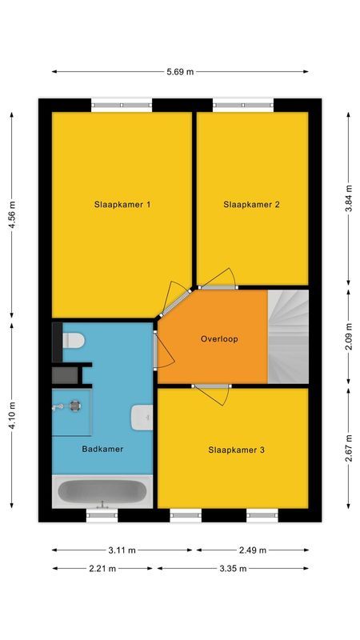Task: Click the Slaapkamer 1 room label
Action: (x=122, y=205)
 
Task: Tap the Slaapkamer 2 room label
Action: (x=251, y=205)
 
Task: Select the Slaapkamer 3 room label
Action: (x=236, y=450)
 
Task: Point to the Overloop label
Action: (x=219, y=339)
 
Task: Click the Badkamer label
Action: (x=102, y=450)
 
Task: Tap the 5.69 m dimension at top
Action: (x=180, y=72)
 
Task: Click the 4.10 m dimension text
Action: (x=12, y=415)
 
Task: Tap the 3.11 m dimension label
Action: (x=122, y=550)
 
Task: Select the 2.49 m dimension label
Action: (x=252, y=550)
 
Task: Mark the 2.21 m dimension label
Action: (x=102, y=569)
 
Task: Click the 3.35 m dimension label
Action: (x=233, y=569)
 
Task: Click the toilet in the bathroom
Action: (x=73, y=341)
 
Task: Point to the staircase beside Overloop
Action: (x=288, y=336)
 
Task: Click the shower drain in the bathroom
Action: (x=74, y=406)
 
